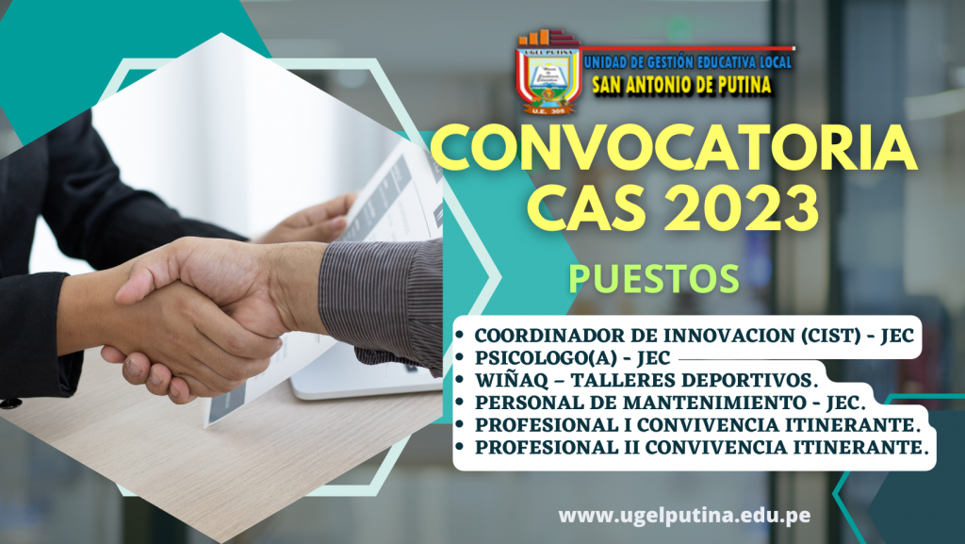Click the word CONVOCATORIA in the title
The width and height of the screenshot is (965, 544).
[x=674, y=148]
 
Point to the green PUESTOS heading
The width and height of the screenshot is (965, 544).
[x=654, y=279]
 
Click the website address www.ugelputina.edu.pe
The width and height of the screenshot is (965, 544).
[x=684, y=515]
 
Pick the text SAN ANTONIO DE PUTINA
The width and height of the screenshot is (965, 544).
[x=681, y=84]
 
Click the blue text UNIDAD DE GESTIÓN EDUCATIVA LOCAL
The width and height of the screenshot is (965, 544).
[x=687, y=61]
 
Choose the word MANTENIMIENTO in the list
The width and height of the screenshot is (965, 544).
[x=714, y=403]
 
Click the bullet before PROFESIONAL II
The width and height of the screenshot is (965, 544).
[x=460, y=447]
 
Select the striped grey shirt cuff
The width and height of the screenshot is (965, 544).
[x=383, y=303]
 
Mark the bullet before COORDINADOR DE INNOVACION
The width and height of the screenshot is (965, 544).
[x=460, y=336]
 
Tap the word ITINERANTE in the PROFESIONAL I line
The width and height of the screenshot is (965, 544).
[x=852, y=424]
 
